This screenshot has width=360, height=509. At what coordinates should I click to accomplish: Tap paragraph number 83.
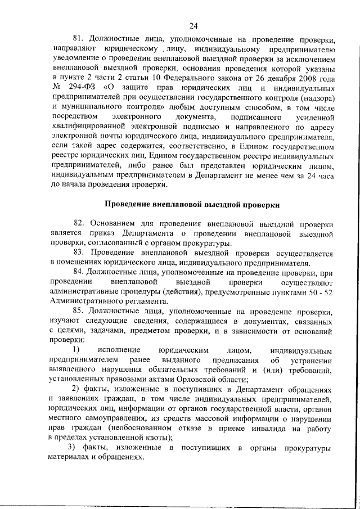(x=78, y=253)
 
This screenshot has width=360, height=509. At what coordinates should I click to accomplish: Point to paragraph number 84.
(x=78, y=272)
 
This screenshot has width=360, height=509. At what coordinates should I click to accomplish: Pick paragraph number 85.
(x=78, y=311)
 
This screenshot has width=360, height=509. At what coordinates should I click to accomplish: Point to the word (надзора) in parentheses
(x=318, y=97)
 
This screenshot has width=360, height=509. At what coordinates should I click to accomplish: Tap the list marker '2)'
(x=78, y=389)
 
